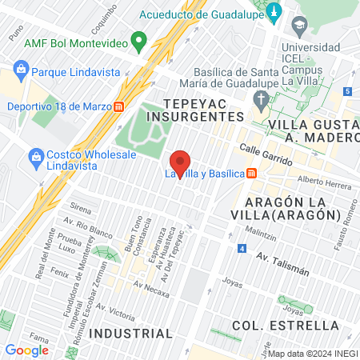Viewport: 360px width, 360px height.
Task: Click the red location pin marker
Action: coord(181,165)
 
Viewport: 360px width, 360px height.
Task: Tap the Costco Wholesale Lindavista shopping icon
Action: coord(34,154)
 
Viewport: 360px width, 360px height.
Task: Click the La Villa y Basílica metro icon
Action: coord(251,173)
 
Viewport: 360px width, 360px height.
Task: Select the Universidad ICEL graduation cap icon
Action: coord(298,27)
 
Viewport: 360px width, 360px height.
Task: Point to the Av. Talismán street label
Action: coord(283,264)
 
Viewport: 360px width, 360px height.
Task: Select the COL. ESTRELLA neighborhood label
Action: coord(286,325)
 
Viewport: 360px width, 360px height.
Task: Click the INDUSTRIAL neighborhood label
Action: coord(130,333)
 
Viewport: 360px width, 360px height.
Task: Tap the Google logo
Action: coord(26,350)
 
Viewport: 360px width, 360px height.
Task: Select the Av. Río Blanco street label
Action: coord(90,227)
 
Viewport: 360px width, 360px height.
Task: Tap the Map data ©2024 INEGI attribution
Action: coord(312,354)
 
